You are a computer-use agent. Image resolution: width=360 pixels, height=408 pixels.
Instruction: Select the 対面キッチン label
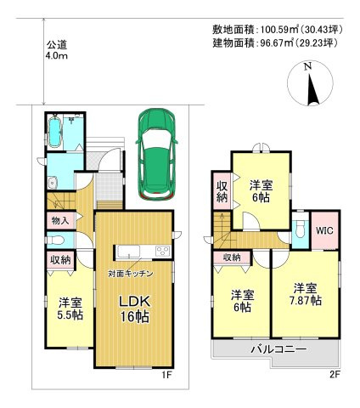(x=131, y=274)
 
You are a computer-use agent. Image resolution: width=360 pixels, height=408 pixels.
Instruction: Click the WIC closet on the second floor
(x=324, y=230)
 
